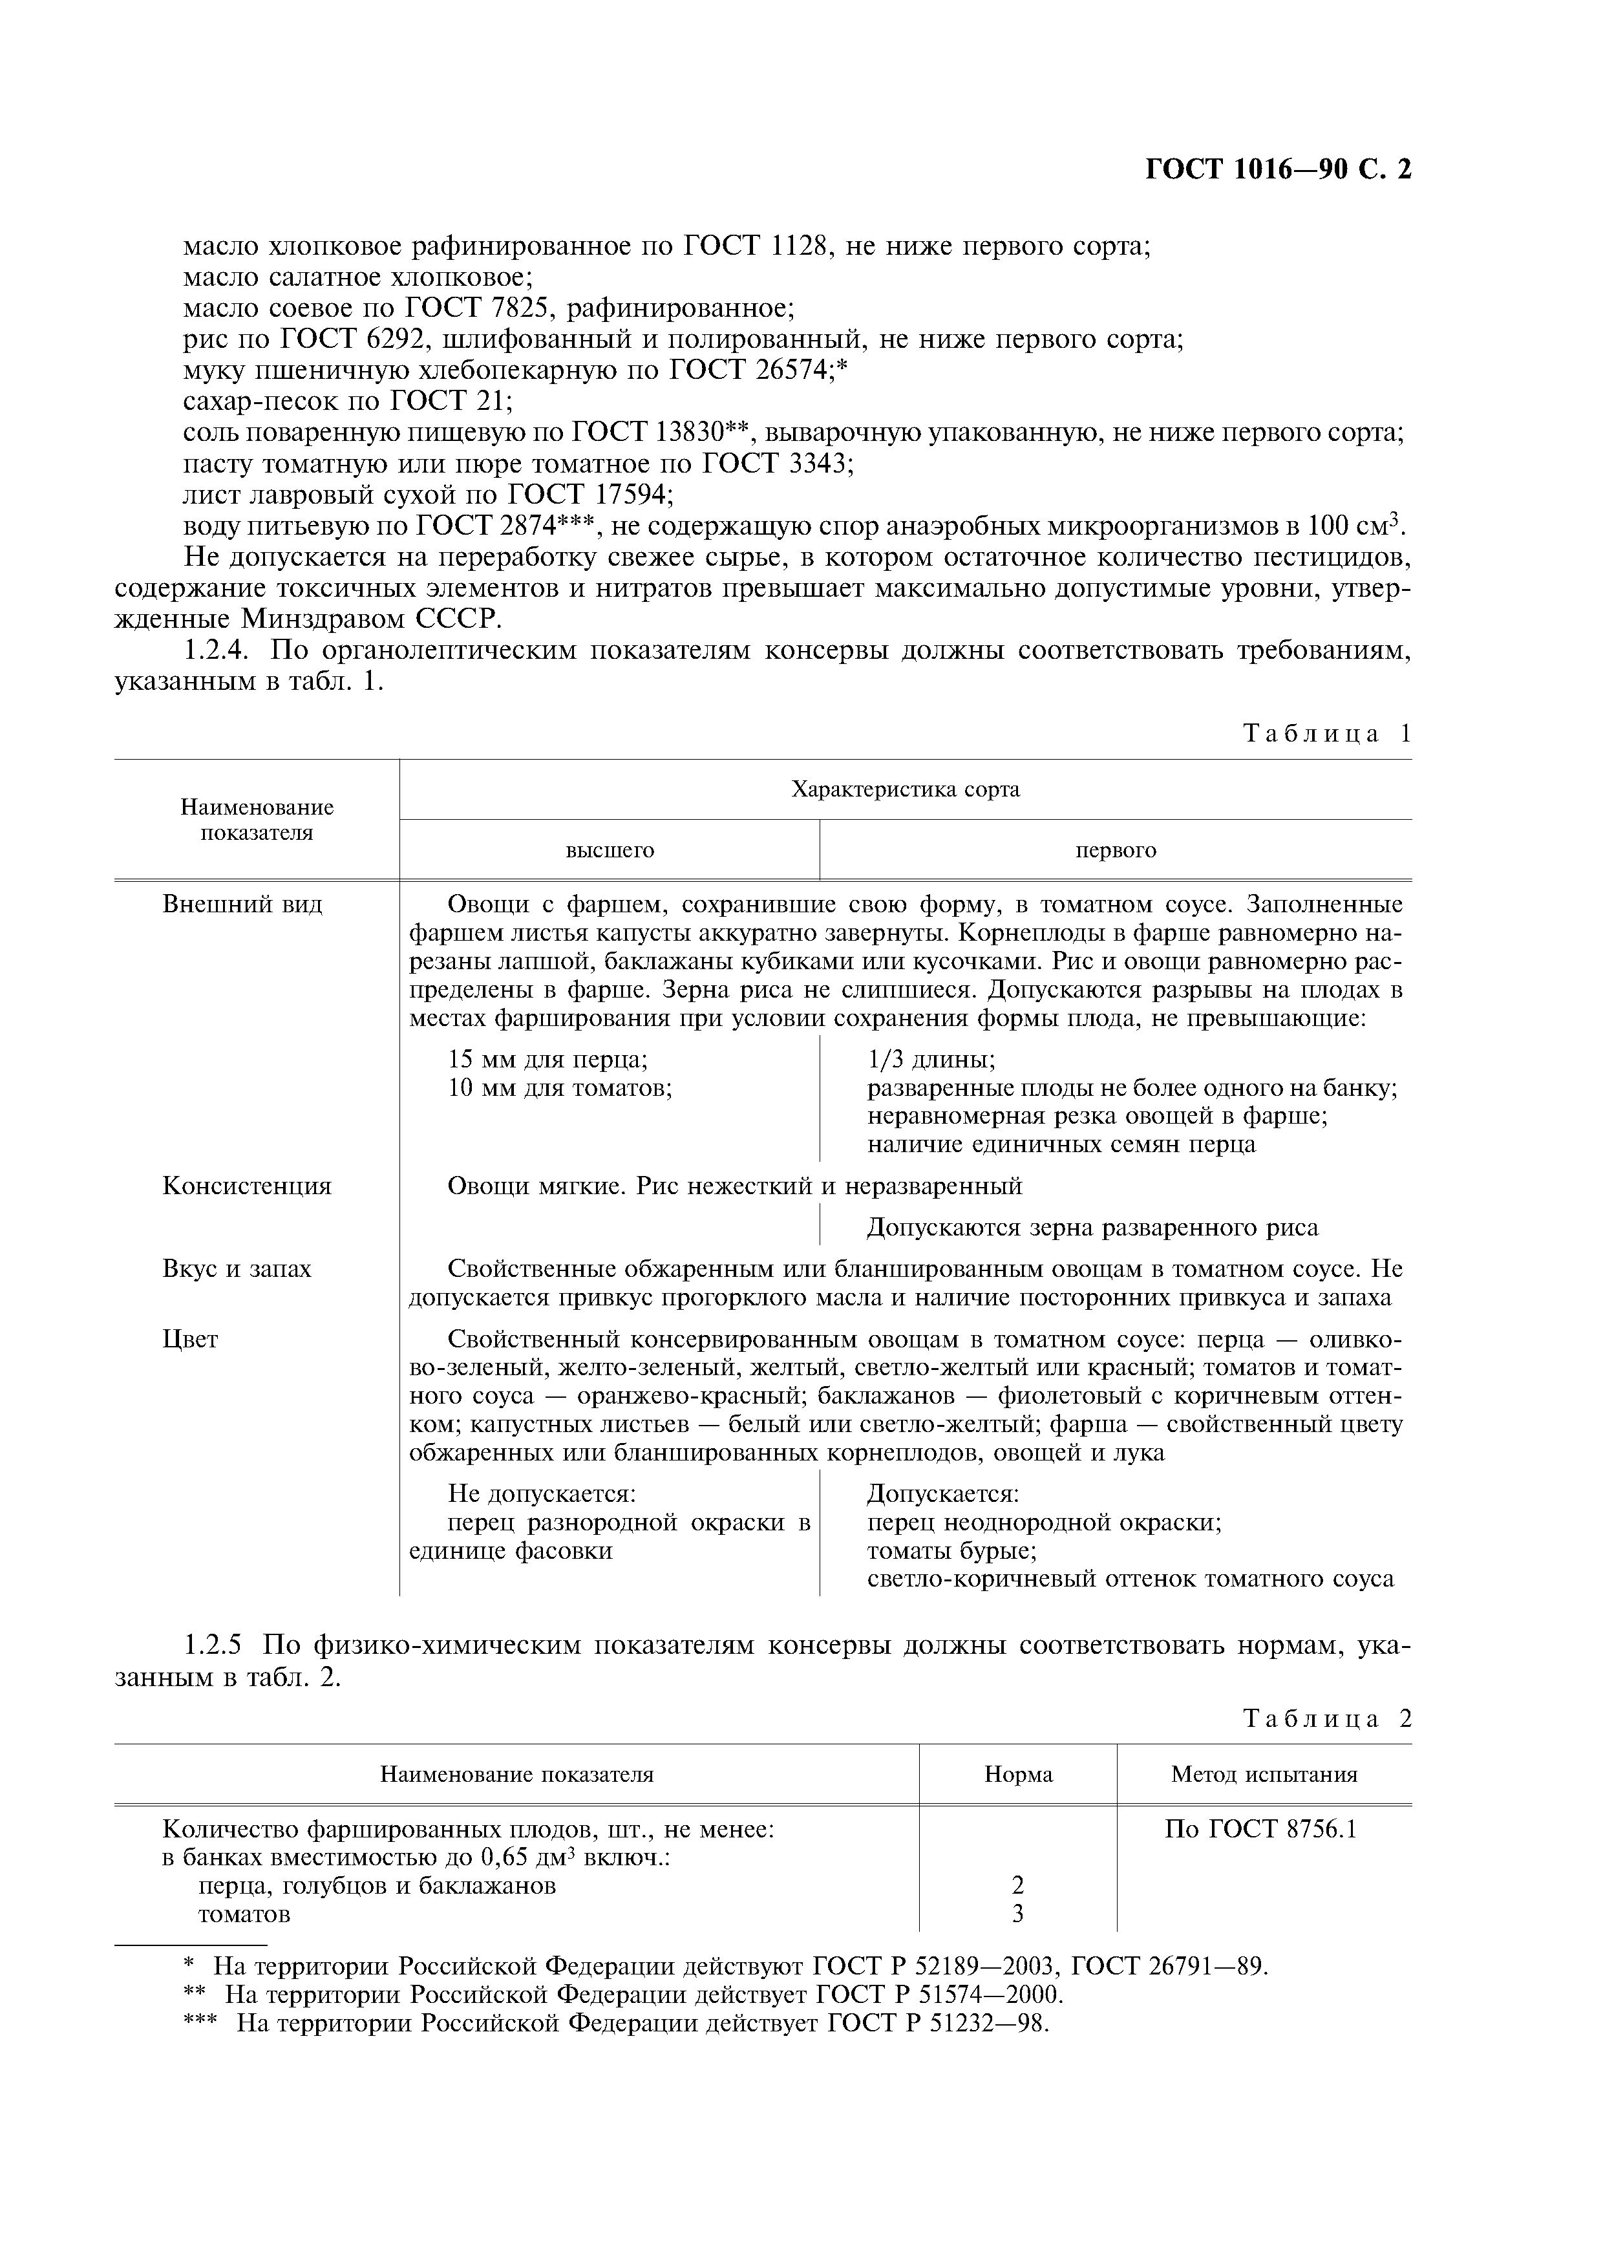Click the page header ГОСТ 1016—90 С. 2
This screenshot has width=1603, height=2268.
tap(1278, 170)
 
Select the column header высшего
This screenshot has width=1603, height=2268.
tap(610, 851)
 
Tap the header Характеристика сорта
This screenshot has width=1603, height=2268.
tap(905, 789)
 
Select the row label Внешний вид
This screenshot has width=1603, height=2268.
tap(242, 905)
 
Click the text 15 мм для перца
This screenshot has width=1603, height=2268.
tap(547, 1060)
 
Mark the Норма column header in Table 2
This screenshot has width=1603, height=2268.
tap(1018, 1774)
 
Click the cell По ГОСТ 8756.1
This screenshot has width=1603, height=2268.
tap(1263, 1830)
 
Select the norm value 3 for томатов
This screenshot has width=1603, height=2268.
tap(1017, 1914)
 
